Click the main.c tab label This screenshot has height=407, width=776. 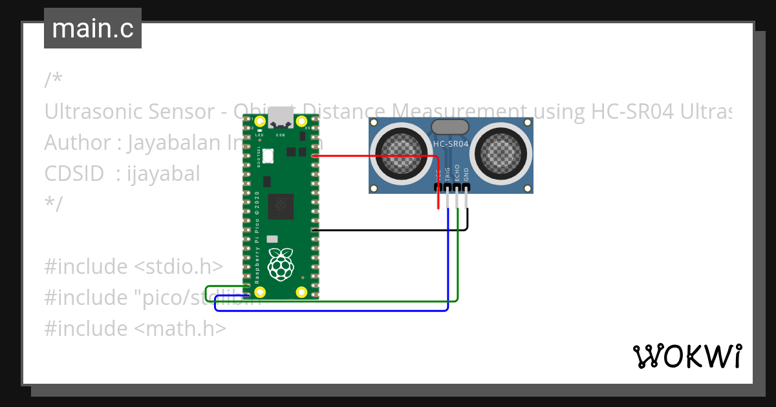[92, 28]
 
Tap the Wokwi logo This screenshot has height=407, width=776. [687, 356]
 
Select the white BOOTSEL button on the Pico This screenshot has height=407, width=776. [268, 156]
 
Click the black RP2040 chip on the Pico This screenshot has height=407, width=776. [280, 205]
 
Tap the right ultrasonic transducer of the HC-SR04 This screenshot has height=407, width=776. [503, 152]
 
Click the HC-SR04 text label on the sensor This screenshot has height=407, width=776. [451, 143]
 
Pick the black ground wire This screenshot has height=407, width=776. [388, 229]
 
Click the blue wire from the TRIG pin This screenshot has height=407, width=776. [336, 311]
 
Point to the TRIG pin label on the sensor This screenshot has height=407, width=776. [447, 174]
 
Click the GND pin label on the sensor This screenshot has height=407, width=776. [466, 174]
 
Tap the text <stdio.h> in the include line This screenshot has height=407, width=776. [178, 267]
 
